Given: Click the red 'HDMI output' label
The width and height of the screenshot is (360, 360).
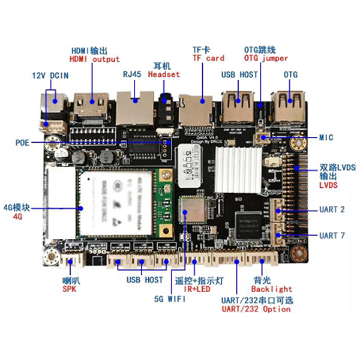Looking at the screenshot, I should pos(95,59).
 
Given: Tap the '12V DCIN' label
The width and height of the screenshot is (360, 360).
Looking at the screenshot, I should pos(50,76).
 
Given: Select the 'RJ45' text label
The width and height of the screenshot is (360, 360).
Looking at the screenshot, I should pos(132,75).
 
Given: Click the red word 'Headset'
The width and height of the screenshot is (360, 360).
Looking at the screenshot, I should pos(164,74).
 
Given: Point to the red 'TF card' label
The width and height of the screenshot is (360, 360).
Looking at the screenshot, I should pos(208,58).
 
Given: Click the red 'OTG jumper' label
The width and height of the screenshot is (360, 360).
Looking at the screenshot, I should pos(266,58).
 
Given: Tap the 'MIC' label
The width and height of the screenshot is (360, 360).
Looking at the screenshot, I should pos(327,137).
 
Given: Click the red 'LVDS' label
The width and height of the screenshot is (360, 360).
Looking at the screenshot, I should pos(328,185).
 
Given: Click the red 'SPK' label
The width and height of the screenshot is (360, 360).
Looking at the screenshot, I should pos(70,289).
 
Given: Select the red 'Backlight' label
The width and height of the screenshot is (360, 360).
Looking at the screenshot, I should pos(272,289).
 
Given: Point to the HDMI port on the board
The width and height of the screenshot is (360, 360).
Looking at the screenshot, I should pos(91,106).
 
